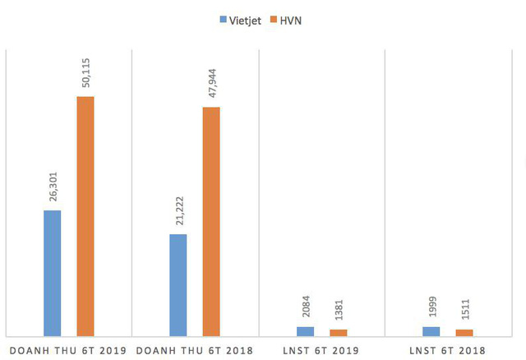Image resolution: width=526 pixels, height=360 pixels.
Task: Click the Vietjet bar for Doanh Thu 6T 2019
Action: (53, 273)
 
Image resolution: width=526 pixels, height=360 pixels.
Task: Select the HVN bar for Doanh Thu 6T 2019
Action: (85, 216)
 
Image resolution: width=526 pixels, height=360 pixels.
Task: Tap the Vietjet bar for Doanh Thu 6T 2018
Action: (178, 284)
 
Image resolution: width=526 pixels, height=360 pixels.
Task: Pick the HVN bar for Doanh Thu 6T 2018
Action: (211, 221)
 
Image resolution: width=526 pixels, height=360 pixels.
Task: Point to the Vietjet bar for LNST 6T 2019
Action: (305, 331)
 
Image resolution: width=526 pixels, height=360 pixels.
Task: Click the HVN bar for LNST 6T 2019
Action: (338, 332)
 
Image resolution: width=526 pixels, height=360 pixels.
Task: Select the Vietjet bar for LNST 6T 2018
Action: (431, 331)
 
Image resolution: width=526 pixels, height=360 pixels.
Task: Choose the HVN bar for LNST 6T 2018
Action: (464, 332)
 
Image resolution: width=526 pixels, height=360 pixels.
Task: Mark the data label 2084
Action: (305, 309)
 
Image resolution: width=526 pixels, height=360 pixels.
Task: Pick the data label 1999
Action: (431, 309)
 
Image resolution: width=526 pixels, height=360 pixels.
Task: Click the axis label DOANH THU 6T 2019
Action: (67, 350)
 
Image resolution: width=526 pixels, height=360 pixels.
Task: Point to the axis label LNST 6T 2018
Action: (447, 350)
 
